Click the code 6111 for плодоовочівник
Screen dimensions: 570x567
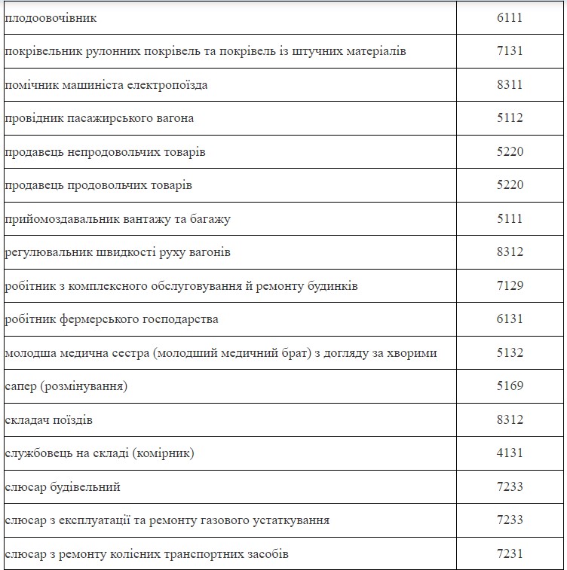point(510,18)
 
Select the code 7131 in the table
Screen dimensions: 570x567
point(510,51)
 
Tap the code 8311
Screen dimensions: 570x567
point(510,85)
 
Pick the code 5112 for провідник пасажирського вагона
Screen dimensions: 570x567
point(510,118)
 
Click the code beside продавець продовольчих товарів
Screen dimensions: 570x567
point(510,185)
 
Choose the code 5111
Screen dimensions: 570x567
point(510,219)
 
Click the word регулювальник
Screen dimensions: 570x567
point(47,252)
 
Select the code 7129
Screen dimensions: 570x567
point(510,286)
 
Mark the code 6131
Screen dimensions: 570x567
point(510,319)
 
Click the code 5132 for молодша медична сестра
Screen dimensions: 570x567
point(510,353)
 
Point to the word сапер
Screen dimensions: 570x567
point(20,386)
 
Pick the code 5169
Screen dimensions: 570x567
point(510,386)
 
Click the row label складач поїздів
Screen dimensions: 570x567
point(49,420)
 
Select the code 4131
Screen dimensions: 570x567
point(510,453)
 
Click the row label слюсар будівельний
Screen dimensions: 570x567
point(63,487)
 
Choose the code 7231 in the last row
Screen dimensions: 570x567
point(510,554)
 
